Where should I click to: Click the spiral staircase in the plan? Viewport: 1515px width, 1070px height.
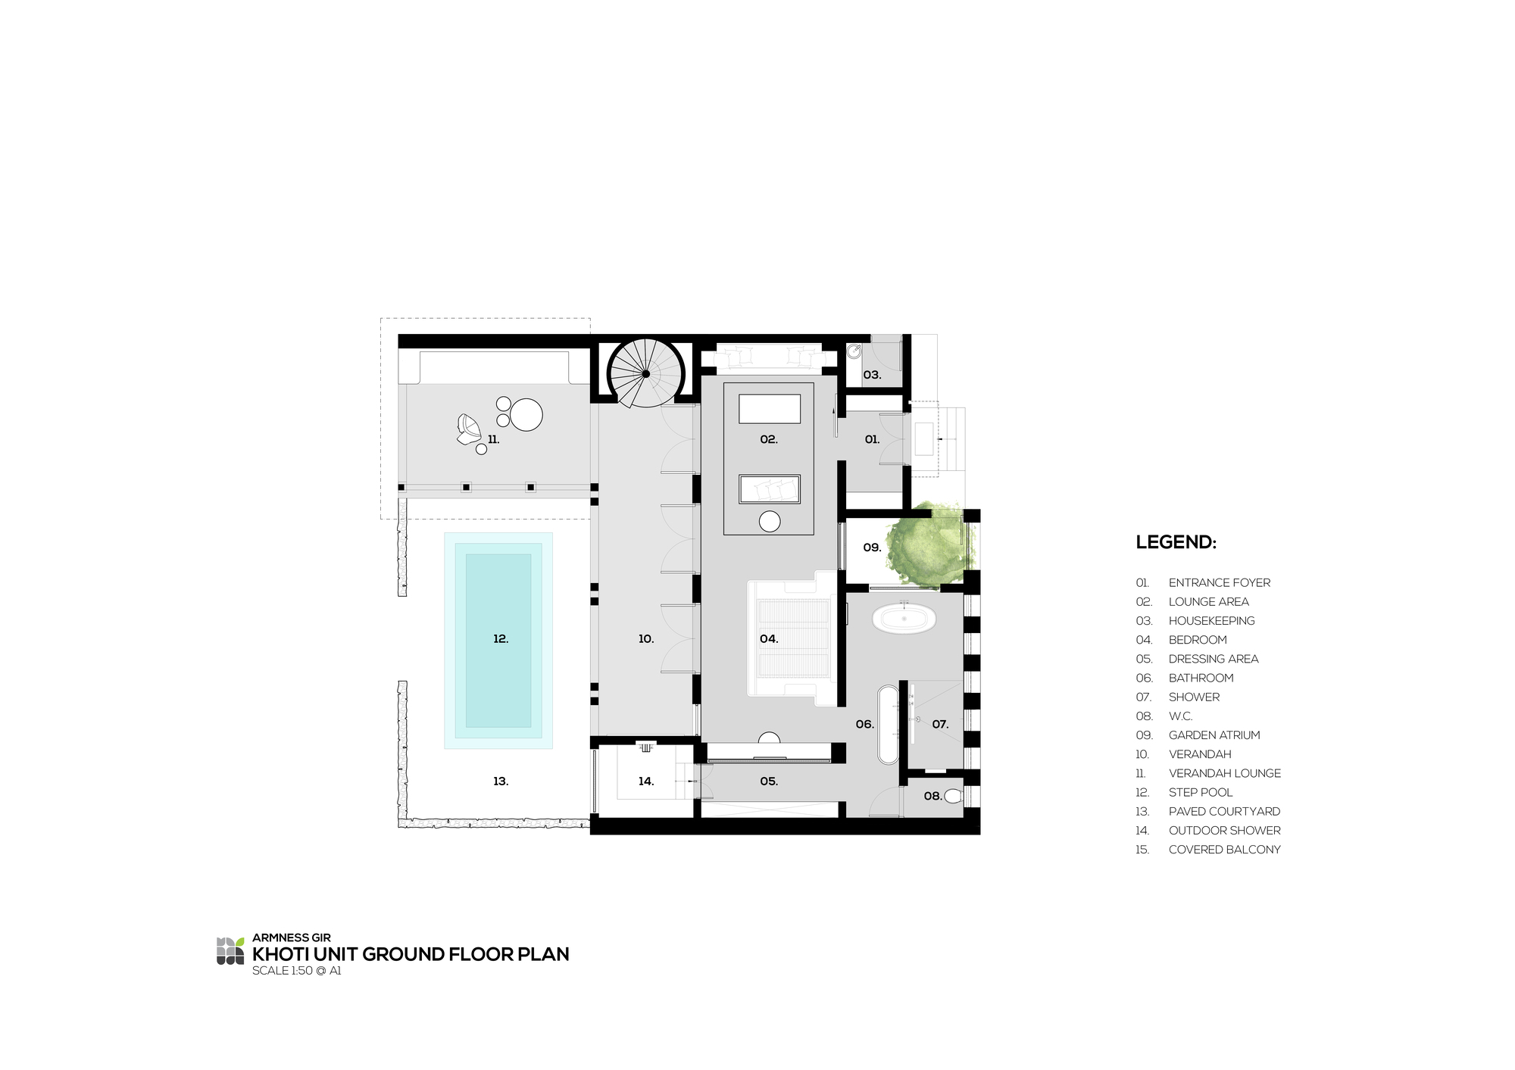645,373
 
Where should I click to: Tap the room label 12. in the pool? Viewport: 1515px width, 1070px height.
501,639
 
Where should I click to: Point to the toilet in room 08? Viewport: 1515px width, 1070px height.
953,796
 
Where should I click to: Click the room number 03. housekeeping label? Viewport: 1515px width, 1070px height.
872,375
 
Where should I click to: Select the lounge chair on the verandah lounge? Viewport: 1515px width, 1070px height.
468,429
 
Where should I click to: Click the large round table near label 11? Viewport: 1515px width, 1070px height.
526,414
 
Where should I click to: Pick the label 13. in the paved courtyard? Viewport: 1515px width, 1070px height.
501,781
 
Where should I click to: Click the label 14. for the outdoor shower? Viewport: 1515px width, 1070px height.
645,781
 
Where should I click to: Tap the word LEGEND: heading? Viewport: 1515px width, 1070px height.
1176,542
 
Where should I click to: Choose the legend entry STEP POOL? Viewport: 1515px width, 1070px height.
1200,792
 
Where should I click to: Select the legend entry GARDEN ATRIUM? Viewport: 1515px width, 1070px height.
1214,735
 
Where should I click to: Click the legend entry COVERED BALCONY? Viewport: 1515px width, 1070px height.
1224,850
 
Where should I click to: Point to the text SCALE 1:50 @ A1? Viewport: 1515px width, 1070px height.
297,971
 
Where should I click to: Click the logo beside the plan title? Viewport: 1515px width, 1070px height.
230,951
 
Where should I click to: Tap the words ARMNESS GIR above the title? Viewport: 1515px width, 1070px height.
291,937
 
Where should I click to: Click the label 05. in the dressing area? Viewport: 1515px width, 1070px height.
769,781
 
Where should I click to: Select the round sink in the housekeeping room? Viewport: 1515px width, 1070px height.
854,351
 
